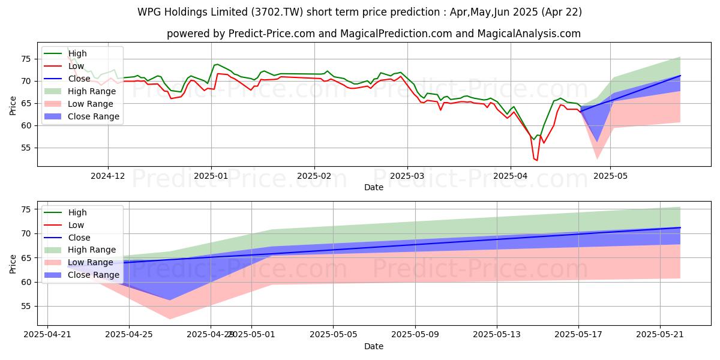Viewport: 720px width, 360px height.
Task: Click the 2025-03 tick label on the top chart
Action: (x=407, y=175)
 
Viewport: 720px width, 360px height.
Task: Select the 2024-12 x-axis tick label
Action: (x=108, y=175)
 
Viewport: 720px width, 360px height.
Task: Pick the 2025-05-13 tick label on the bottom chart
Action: (x=497, y=335)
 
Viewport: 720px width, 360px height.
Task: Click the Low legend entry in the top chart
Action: (x=76, y=66)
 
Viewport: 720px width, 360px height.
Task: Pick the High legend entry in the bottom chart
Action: (x=77, y=212)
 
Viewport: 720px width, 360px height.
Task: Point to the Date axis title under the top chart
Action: (x=374, y=187)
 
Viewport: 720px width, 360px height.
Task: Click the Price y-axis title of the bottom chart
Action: (x=13, y=264)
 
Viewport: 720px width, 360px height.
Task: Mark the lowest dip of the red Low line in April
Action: (x=536, y=160)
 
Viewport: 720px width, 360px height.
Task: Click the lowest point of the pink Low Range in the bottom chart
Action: (x=170, y=319)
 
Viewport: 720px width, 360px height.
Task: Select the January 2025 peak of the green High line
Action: (x=217, y=64)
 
